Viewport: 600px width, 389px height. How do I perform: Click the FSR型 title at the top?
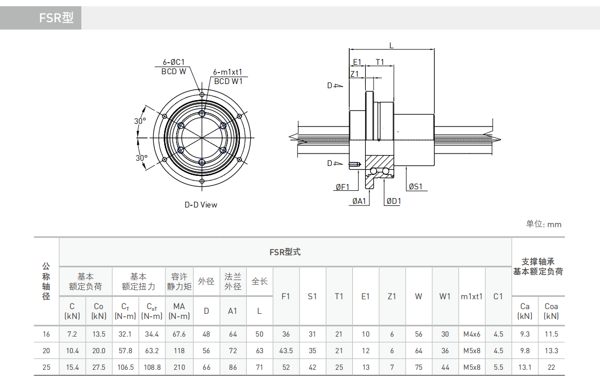coord(56,18)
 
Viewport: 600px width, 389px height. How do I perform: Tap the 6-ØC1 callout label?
coord(174,62)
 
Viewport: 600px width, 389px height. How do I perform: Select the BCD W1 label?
coord(228,81)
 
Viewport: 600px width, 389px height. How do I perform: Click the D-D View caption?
coord(201,204)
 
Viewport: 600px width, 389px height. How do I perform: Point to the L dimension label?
coord(391,46)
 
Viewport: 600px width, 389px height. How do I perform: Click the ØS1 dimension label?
coord(416,187)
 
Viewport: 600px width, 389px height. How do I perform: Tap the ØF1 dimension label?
coord(342,187)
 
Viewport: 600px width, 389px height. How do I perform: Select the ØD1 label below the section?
coord(393,201)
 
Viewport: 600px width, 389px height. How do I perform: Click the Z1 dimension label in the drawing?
coord(354,74)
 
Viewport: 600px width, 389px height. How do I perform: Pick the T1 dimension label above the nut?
coord(380,62)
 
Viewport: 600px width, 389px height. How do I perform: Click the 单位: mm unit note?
coord(544,224)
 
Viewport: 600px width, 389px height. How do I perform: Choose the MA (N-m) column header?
coord(179,311)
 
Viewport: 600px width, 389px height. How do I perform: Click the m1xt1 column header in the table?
coord(472,297)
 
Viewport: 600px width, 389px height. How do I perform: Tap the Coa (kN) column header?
coord(551,311)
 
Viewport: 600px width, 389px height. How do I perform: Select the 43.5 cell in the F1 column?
coord(286,351)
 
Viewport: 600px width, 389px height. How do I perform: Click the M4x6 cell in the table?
coord(472,335)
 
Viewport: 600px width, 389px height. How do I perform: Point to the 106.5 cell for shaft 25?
coord(125,367)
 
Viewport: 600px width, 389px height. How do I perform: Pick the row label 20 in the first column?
coord(47,351)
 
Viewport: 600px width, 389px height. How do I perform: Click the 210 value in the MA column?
coord(179,367)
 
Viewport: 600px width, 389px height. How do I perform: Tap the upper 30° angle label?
coord(140,121)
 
